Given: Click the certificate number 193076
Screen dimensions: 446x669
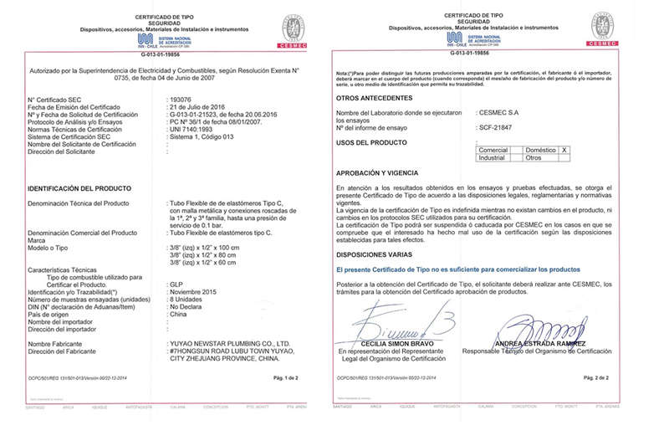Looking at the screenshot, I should pos(181,100).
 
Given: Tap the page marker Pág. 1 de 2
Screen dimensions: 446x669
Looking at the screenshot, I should pos(285,378).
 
